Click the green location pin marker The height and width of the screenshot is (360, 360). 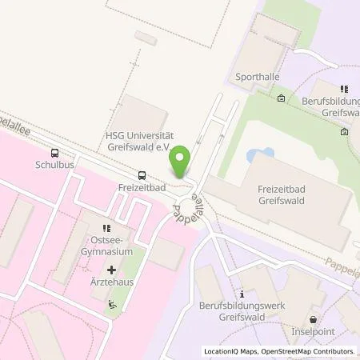click(182, 162)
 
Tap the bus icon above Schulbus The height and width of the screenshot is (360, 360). click(54, 153)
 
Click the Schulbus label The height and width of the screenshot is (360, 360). click(54, 166)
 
